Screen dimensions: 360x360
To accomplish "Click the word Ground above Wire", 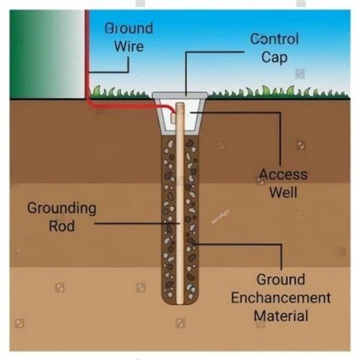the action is (x=129, y=28).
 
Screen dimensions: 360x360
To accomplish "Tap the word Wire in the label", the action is (x=129, y=46).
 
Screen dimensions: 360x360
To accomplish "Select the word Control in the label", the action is (x=274, y=39).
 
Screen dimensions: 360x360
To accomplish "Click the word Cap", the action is (x=274, y=58).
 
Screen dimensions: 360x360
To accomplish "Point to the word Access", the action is (x=283, y=174).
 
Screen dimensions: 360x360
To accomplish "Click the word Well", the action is (x=283, y=192).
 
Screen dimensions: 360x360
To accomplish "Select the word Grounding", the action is (x=62, y=208).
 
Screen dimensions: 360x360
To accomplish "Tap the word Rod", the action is (x=62, y=226).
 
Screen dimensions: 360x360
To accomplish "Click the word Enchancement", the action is (x=281, y=298).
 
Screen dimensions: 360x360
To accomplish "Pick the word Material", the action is (x=281, y=315).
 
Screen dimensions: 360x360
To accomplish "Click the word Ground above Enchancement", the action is (x=281, y=279).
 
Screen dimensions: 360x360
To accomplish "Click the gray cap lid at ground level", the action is (x=180, y=95).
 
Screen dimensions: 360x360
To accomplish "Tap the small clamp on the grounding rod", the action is (x=174, y=118).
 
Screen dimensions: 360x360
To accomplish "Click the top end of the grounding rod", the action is (x=180, y=103).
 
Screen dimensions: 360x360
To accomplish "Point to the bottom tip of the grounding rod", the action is (x=180, y=304).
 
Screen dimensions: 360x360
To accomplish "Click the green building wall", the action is (x=48, y=54).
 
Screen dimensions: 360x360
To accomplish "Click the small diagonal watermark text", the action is (x=220, y=217).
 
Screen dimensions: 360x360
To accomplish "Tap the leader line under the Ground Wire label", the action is (x=109, y=71).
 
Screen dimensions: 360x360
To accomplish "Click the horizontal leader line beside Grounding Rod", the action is (x=137, y=223).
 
